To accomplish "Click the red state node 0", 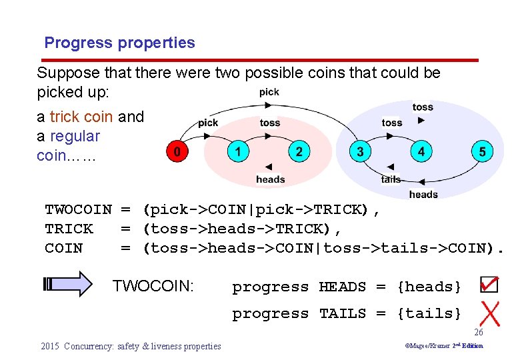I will click(176, 151).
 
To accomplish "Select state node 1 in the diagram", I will click(237, 151).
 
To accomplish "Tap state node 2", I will click(299, 151).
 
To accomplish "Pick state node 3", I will click(360, 151).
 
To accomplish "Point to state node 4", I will click(421, 151).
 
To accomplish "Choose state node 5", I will click(482, 151).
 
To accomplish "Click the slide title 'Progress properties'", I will click(119, 43).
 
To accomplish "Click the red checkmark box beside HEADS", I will click(489, 285).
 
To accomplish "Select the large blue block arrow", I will click(70, 284).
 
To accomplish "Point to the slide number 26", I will click(478, 332).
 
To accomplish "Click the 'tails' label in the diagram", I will click(391, 179).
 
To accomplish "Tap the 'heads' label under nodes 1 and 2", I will click(270, 179).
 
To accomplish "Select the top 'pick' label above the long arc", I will click(269, 92).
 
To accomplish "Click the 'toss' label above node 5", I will click(423, 107).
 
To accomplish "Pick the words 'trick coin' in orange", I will click(81, 117).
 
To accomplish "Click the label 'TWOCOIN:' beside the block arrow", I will click(153, 287).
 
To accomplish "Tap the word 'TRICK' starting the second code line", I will click(69, 229).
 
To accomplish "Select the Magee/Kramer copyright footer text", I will click(444, 346).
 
